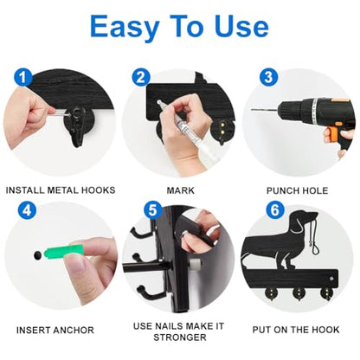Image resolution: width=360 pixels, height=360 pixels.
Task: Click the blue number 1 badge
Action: pos(23,77)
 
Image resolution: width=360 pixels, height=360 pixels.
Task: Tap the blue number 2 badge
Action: pos(141,77)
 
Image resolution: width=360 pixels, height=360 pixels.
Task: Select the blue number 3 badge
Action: pos(268,77)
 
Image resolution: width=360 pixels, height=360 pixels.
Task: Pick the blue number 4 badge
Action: pos(27,210)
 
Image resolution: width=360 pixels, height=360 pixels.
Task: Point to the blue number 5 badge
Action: pos(153,210)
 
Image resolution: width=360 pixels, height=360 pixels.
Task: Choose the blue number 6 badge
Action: pos(275,210)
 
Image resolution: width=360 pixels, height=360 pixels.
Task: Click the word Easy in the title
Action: pos(125,28)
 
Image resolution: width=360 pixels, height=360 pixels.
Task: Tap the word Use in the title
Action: pos(241,27)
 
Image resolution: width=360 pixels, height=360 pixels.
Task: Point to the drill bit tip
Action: pos(252,110)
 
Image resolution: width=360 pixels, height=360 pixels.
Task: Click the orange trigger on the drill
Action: pos(331,134)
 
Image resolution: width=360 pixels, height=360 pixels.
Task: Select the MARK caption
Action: pos(181,190)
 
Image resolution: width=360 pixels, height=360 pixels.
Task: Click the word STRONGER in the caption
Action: pos(180,337)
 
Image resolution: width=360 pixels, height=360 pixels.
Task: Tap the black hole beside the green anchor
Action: pos(37,255)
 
